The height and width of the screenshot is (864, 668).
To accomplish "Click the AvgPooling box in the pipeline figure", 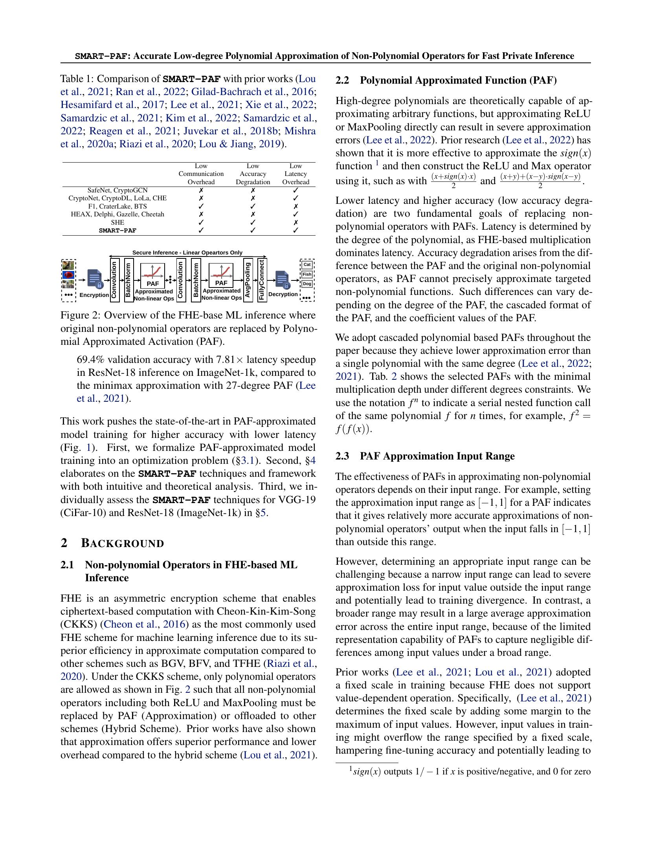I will (248, 280).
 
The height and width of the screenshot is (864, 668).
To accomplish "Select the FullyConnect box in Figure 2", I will (262, 280).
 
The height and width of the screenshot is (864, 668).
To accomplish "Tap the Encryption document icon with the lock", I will (95, 278).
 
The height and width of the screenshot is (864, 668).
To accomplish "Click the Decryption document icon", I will (283, 279).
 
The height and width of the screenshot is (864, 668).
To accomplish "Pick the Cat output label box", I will (307, 265).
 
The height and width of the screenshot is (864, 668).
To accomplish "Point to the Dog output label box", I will (307, 284).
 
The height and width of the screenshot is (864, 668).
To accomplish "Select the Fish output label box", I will (307, 274).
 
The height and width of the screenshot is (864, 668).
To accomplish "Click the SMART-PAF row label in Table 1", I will (117, 230).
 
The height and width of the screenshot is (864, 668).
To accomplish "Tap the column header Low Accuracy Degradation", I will (253, 174).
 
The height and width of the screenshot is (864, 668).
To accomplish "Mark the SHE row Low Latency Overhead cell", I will (295, 222).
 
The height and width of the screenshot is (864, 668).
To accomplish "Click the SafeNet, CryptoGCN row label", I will (117, 190).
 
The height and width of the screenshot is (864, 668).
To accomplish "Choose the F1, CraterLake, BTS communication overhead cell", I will (201, 206).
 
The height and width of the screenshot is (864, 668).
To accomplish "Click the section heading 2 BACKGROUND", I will (112, 544).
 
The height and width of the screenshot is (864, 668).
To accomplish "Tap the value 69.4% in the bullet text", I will (91, 360).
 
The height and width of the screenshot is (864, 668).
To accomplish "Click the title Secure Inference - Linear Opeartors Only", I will (187, 253).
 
